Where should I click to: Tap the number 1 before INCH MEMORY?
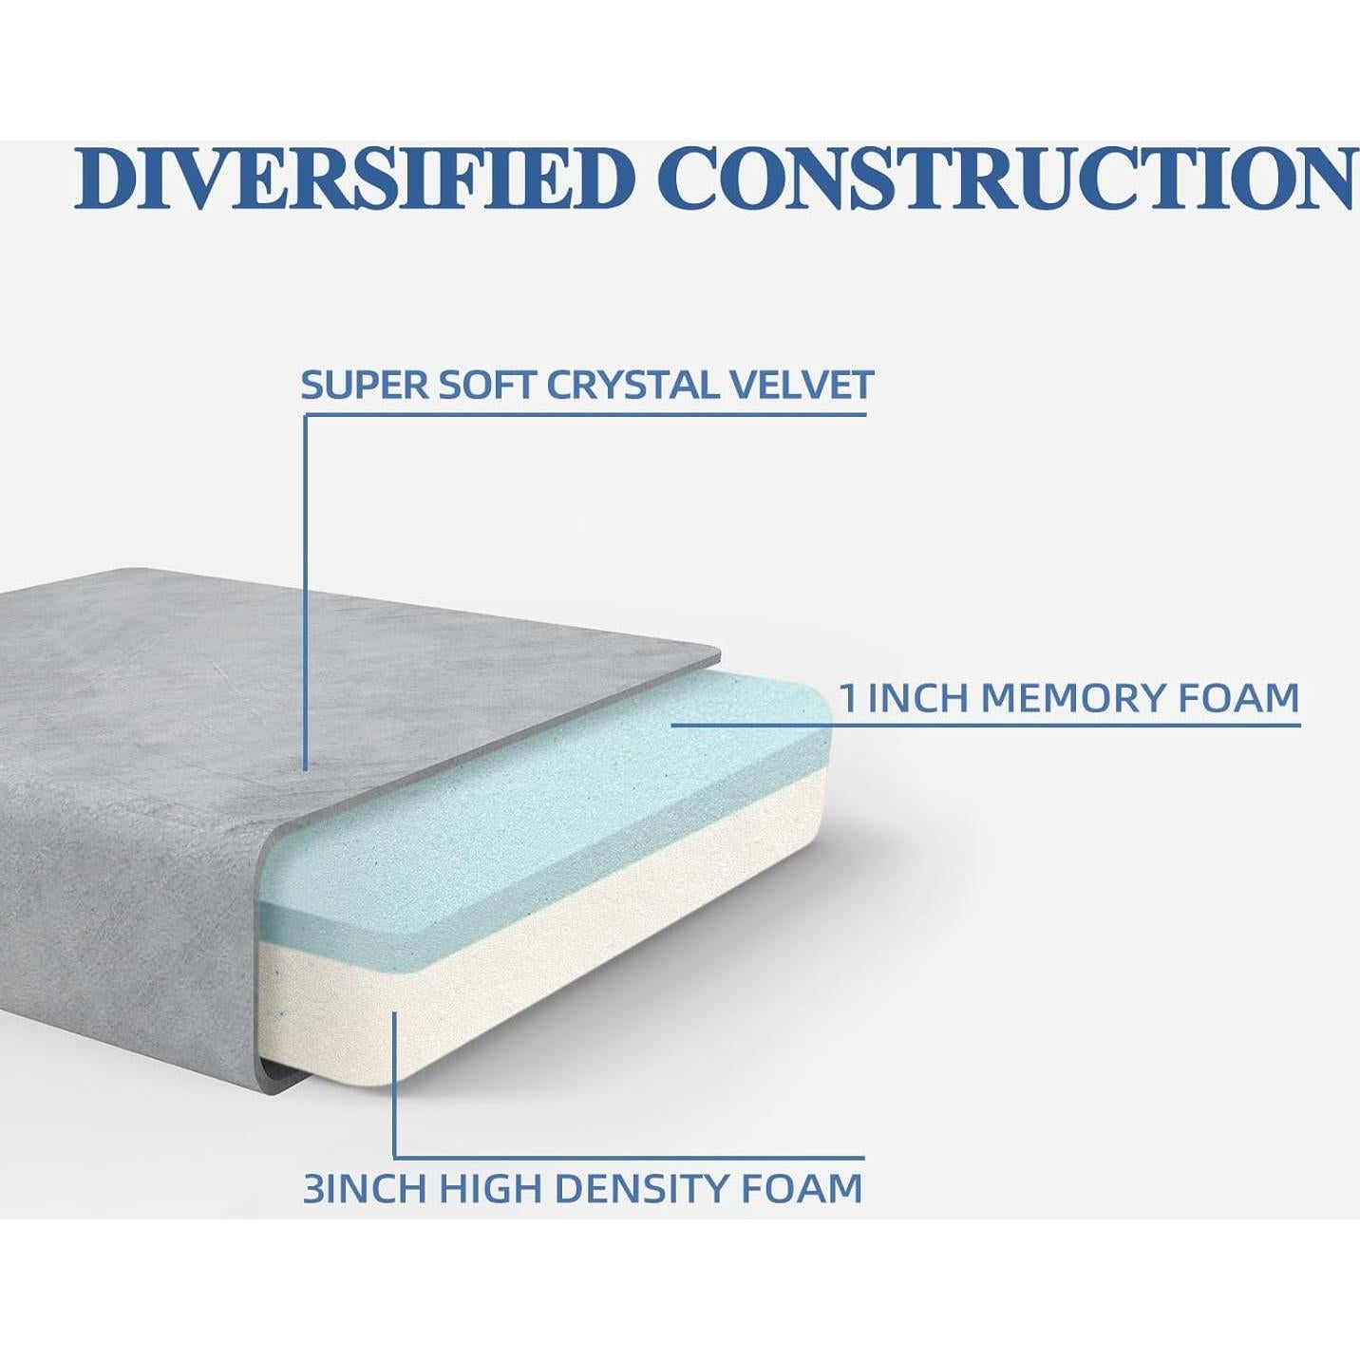coord(848,698)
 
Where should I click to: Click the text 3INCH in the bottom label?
coord(364,1187)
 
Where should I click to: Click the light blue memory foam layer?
coord(557,798)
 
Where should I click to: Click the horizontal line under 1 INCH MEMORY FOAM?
coord(985,724)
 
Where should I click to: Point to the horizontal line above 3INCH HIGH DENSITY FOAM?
coord(629,1158)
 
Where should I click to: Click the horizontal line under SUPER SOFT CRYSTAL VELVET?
coord(585,415)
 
